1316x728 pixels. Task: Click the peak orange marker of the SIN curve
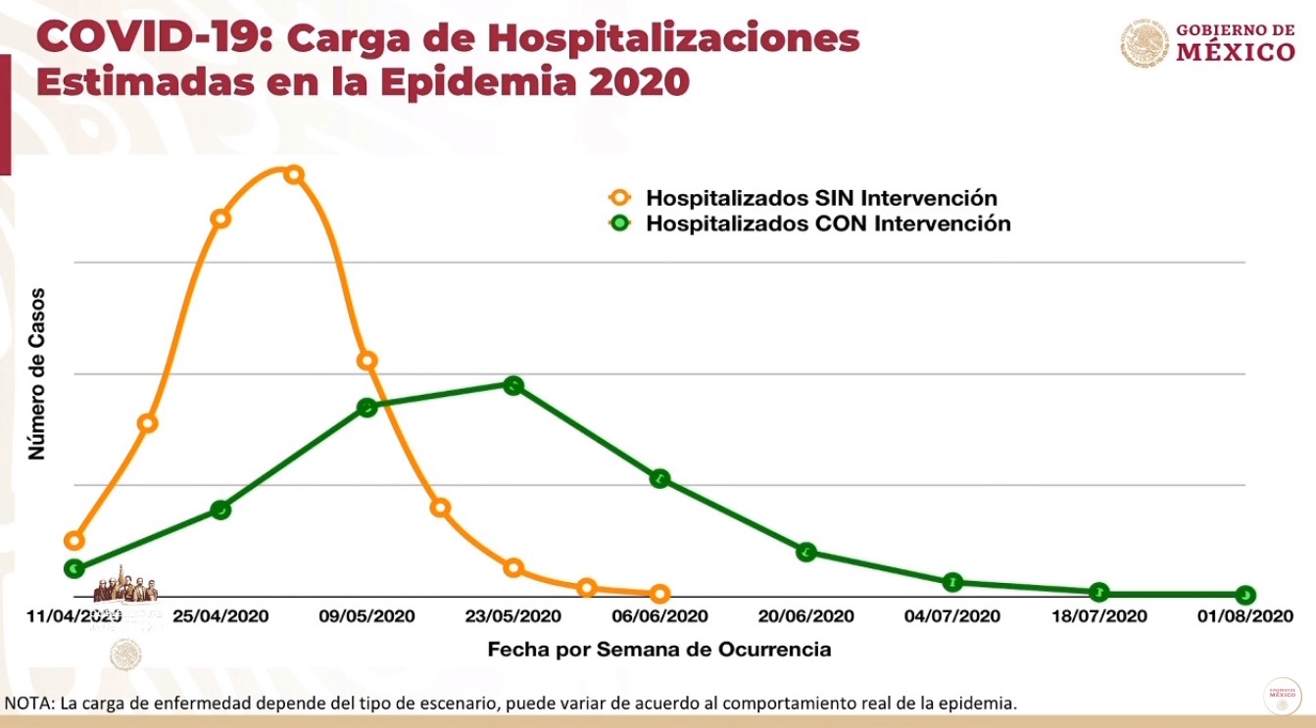tap(293, 174)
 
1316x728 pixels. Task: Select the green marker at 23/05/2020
tap(513, 385)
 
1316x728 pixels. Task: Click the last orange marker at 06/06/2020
tap(659, 594)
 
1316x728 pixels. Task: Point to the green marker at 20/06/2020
tap(806, 552)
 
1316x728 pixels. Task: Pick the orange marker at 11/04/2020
tap(73, 541)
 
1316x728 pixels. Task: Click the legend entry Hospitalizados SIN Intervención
tap(821, 197)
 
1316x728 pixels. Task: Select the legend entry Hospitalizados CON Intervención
tap(828, 223)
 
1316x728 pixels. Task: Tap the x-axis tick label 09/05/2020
tap(366, 616)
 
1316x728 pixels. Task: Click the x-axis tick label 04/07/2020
tap(952, 616)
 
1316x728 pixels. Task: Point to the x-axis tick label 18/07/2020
tap(1098, 616)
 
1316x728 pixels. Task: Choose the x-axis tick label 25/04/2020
tap(220, 616)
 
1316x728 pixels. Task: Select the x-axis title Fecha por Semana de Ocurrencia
tap(659, 649)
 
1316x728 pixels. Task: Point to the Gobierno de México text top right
tap(1235, 42)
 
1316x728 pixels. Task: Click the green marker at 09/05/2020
tap(367, 407)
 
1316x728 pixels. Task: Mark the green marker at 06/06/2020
tap(659, 478)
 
